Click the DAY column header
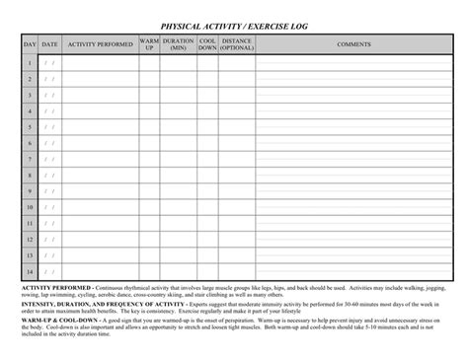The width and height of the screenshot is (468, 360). click(x=30, y=44)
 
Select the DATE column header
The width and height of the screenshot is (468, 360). click(x=49, y=44)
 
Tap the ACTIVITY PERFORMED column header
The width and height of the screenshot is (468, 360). click(x=101, y=44)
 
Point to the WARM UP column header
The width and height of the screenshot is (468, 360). click(x=149, y=44)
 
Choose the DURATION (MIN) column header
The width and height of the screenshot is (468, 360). click(x=178, y=44)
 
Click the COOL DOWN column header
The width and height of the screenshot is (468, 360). click(x=207, y=44)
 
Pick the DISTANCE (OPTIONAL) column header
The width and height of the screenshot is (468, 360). click(x=237, y=44)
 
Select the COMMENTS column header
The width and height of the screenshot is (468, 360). click(x=353, y=44)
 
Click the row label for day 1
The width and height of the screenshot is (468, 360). click(x=30, y=63)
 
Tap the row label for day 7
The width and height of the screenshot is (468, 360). click(x=30, y=159)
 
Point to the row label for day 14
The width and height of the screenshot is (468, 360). click(x=30, y=271)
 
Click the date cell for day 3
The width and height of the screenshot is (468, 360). click(x=49, y=95)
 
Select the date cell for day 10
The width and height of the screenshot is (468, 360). click(x=49, y=207)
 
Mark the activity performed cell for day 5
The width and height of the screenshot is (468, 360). click(x=101, y=127)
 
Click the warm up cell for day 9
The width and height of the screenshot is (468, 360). click(x=149, y=191)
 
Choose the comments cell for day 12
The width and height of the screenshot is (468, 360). click(x=353, y=240)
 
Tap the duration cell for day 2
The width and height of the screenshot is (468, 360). click(x=178, y=79)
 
